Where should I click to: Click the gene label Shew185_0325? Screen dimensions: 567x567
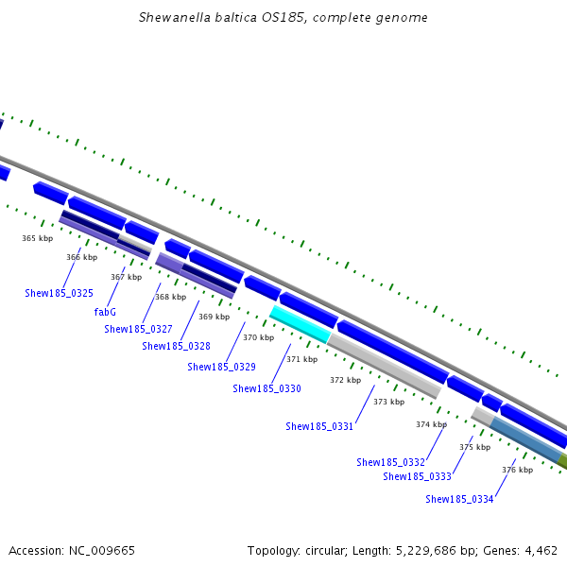point(59,293)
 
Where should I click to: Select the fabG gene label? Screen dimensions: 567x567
point(105,311)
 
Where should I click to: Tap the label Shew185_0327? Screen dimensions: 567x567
point(138,329)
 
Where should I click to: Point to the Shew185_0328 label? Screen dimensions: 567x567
point(176,346)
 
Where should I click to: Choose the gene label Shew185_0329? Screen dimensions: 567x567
point(221,367)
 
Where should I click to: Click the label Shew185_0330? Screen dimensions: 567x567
point(266,388)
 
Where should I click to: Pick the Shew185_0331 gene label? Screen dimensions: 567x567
point(319,426)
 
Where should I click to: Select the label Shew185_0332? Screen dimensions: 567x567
point(390,462)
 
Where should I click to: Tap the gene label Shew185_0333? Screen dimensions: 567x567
point(417,476)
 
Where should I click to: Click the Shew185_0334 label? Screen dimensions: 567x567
point(459,499)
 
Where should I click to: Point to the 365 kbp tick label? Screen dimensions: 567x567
point(37,238)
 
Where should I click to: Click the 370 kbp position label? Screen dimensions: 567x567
point(258,337)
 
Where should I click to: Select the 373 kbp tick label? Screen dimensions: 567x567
point(388,402)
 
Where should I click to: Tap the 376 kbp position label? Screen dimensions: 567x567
point(517,470)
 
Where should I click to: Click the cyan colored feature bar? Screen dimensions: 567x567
point(300,323)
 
